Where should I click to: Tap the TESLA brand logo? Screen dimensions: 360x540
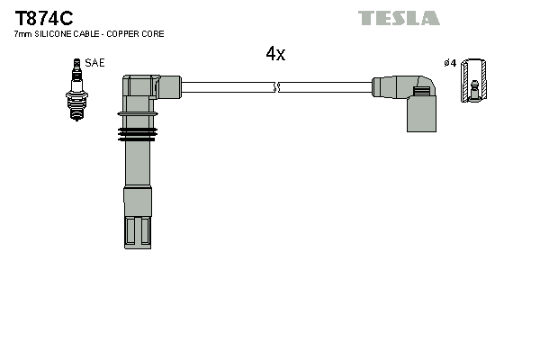point(399,18)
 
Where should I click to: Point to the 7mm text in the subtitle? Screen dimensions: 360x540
point(22,34)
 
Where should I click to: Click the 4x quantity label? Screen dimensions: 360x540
point(275,54)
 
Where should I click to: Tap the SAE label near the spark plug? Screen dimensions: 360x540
point(94,63)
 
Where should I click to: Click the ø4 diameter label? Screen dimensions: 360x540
point(450,63)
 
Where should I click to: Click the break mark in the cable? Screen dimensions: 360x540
point(277,88)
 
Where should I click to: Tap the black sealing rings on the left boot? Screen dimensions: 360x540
point(138,135)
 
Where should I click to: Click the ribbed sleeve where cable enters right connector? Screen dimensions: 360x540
point(388,87)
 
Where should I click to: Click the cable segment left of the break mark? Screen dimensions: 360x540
point(225,88)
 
